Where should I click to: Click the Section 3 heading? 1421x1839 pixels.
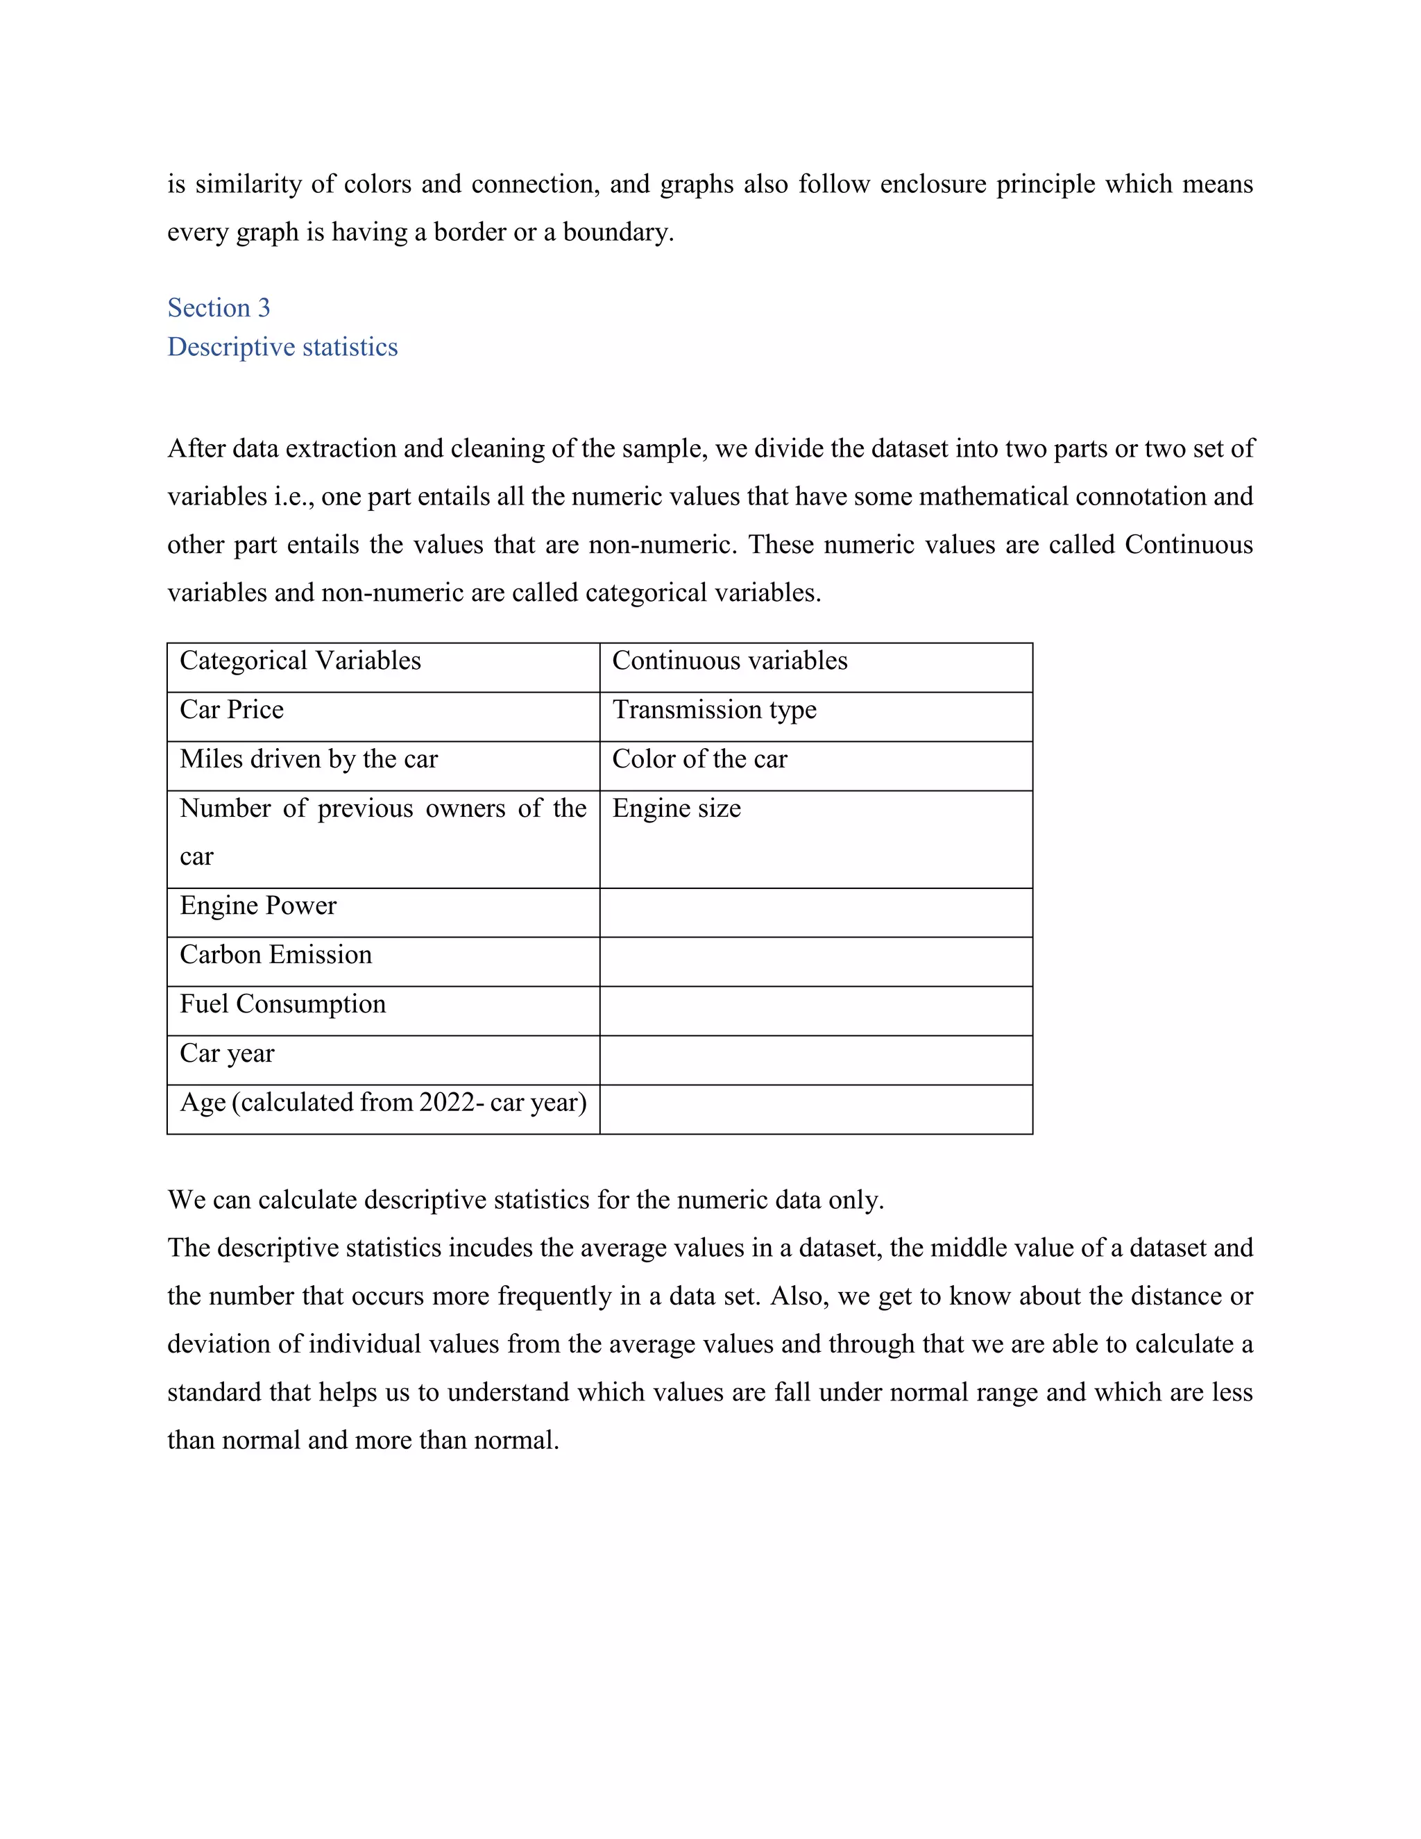[219, 308]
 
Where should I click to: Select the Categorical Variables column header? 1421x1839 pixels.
[300, 661]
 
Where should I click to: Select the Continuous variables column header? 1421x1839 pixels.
[729, 661]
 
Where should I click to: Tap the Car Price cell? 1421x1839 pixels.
[232, 710]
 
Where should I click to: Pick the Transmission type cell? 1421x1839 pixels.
[714, 710]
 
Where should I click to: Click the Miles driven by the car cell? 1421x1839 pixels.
[308, 759]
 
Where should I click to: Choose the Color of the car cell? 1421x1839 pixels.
[699, 759]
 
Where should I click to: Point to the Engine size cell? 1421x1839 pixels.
[676, 809]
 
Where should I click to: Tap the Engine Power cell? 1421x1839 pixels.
[257, 906]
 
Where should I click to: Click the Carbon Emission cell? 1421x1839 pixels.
[275, 955]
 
